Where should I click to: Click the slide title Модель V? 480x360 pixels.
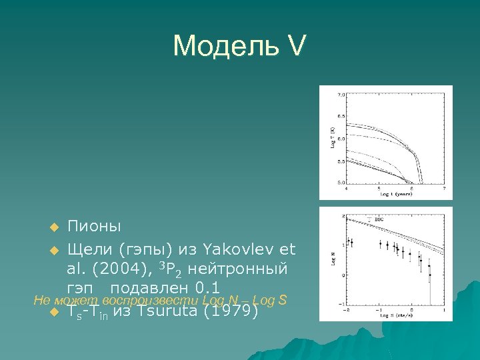239,46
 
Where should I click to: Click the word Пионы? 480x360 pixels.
94,227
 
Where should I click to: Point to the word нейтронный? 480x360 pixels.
241,269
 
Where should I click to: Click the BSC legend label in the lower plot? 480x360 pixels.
377,219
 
